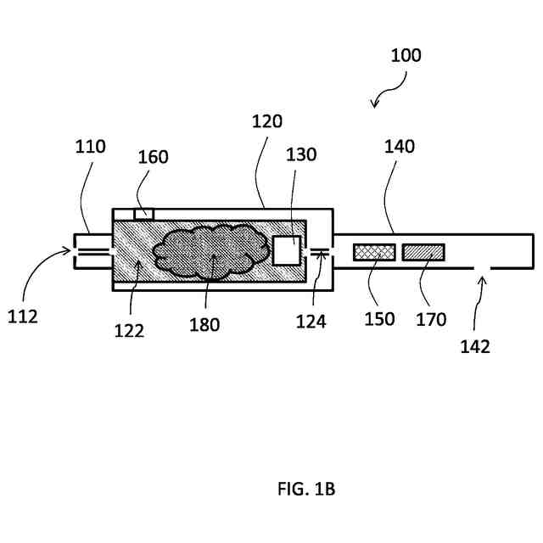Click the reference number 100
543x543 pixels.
click(x=406, y=56)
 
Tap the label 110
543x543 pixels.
click(x=89, y=146)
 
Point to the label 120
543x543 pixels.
click(x=267, y=121)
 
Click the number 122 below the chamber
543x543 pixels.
click(x=129, y=330)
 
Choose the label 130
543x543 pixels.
click(x=301, y=154)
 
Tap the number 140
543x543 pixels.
click(x=399, y=146)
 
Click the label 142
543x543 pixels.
click(x=476, y=346)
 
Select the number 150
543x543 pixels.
click(x=380, y=319)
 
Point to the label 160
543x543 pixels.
click(x=153, y=157)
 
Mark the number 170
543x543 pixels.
click(x=433, y=319)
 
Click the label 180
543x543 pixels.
click(x=204, y=324)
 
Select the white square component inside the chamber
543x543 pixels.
click(x=287, y=251)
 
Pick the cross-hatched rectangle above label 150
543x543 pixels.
click(x=374, y=252)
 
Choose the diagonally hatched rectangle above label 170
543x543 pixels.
click(x=423, y=252)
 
